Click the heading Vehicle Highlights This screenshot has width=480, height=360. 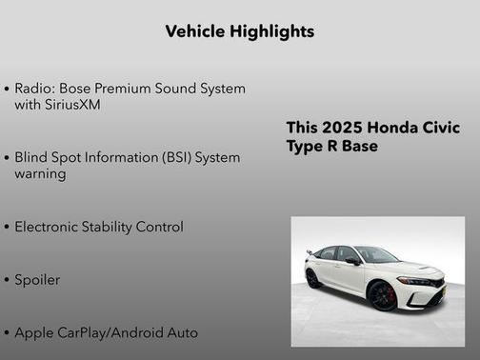tap(239, 31)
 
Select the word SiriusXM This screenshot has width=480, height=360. tap(71, 104)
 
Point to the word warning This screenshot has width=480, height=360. tap(41, 173)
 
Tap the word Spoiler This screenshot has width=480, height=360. tap(37, 280)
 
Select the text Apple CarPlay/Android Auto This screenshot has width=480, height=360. tap(107, 333)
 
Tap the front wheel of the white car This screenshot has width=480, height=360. tap(383, 295)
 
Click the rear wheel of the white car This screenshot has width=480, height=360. tap(313, 278)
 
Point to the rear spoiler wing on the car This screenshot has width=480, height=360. tap(310, 253)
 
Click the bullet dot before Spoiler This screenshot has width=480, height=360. tap(8, 281)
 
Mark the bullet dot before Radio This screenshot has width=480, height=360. tap(8, 89)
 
